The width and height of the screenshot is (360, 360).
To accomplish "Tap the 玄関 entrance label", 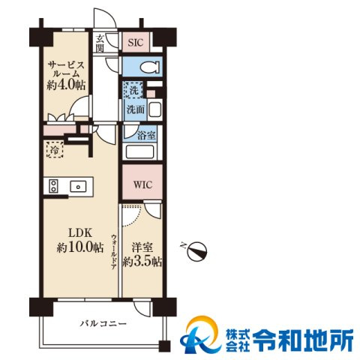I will pyautogui.click(x=100, y=44).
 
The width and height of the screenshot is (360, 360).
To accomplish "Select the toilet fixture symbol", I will pyautogui.click(x=145, y=66).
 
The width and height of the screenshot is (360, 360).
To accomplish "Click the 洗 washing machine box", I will pyautogui.click(x=133, y=91).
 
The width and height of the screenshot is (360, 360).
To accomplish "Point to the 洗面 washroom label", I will pyautogui.click(x=134, y=109).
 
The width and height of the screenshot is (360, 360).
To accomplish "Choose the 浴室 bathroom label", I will pyautogui.click(x=146, y=136).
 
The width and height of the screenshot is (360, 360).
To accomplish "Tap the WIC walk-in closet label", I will pyautogui.click(x=142, y=184).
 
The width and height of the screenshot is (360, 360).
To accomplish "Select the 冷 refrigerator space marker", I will pyautogui.click(x=55, y=150).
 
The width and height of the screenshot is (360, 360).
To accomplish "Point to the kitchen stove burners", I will pyautogui.click(x=53, y=185).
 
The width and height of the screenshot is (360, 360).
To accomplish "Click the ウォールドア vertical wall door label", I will pyautogui.click(x=113, y=252).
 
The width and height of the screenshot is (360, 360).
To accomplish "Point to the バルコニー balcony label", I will pyautogui.click(x=103, y=324).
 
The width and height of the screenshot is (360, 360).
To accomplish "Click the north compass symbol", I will pyautogui.click(x=196, y=250).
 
